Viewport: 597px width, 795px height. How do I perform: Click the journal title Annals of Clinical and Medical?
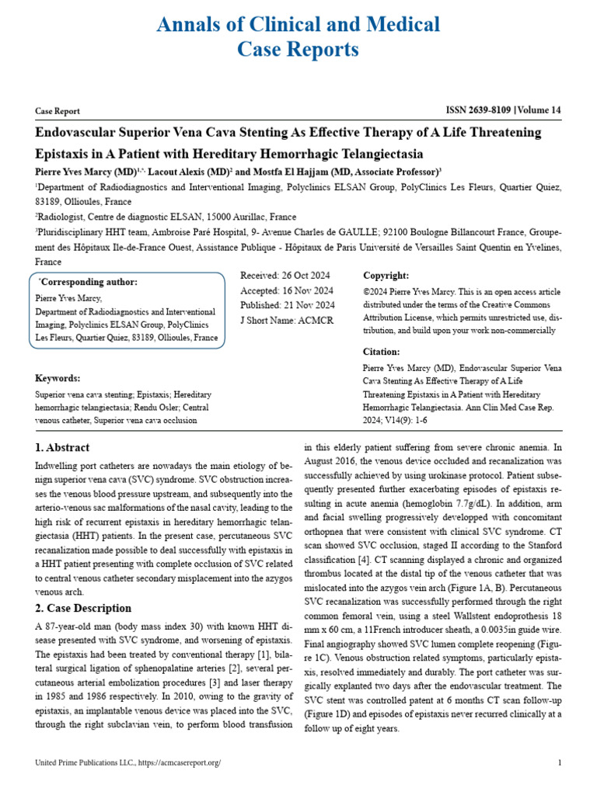click(x=298, y=25)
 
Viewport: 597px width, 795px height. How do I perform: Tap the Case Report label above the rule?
click(x=58, y=112)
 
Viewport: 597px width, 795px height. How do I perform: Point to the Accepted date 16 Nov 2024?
click(x=288, y=290)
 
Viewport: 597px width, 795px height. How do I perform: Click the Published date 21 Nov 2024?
click(x=288, y=305)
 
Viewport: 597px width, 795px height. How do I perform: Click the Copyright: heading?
click(x=386, y=276)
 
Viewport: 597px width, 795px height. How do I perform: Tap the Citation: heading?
click(x=381, y=352)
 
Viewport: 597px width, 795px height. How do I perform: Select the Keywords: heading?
click(x=58, y=378)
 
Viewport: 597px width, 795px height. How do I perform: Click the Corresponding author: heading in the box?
click(x=88, y=282)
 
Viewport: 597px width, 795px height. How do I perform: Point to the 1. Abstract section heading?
click(x=62, y=448)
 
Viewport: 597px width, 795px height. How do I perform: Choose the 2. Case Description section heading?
click(x=83, y=608)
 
